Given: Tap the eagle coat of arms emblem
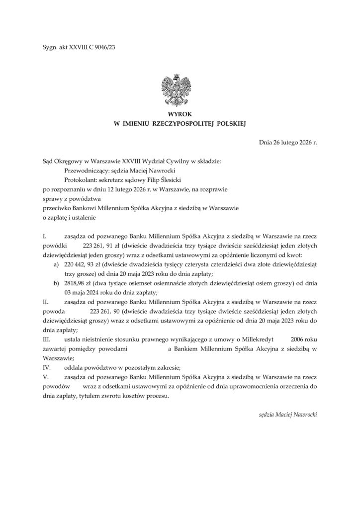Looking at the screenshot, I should [180, 90].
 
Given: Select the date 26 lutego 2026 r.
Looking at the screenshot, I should [295, 143].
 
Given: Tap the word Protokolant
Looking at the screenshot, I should [76, 180].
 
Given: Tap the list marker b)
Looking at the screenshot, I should [57, 284].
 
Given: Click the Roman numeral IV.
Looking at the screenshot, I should [46, 368].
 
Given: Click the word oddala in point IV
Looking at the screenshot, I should [74, 368].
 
